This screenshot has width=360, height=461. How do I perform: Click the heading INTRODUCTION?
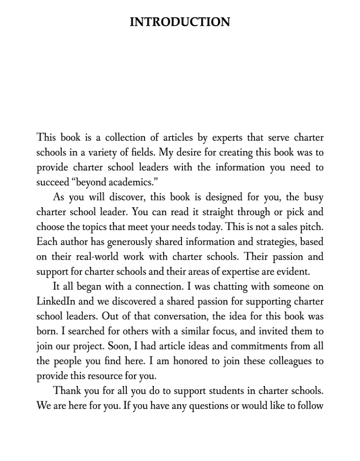click(180, 22)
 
